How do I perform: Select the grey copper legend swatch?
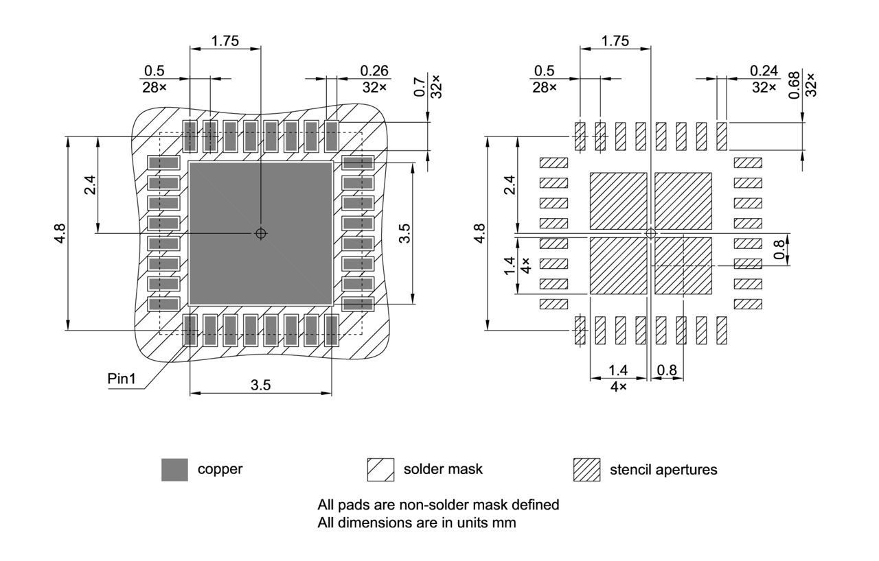click(x=174, y=470)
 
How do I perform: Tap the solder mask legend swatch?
click(x=380, y=470)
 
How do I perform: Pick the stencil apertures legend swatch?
click(x=586, y=470)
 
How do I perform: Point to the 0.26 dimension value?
click(x=374, y=71)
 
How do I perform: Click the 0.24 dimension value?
click(x=764, y=71)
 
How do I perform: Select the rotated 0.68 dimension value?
click(x=794, y=85)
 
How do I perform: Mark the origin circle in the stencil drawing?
click(x=651, y=233)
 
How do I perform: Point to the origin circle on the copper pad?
click(x=260, y=233)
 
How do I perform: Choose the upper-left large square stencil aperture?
click(x=618, y=200)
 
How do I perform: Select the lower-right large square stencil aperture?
click(x=683, y=266)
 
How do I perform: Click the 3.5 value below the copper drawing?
click(x=260, y=385)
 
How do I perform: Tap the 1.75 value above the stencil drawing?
click(x=615, y=41)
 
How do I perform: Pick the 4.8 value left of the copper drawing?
click(x=62, y=233)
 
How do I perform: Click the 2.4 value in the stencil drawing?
click(x=509, y=184)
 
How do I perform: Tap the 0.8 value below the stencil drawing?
click(x=666, y=370)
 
